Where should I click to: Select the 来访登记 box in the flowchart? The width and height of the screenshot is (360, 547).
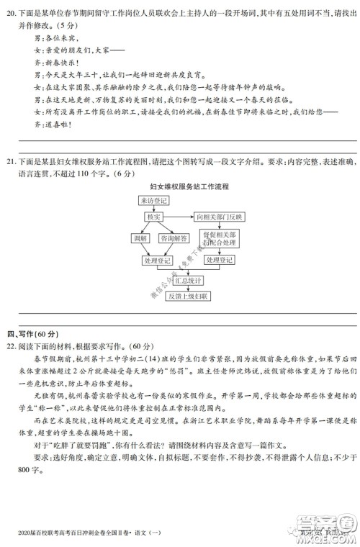152,201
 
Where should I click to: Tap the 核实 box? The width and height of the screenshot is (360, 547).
153,217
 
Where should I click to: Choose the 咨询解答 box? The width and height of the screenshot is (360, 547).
173,238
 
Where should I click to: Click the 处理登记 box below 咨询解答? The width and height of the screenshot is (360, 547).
157,260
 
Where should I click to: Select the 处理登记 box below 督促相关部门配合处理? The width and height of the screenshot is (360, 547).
218,260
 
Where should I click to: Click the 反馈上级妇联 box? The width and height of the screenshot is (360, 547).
186,296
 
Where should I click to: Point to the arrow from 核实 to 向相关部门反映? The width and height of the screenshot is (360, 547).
181,217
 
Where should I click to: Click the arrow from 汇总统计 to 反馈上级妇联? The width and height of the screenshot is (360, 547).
186,288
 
